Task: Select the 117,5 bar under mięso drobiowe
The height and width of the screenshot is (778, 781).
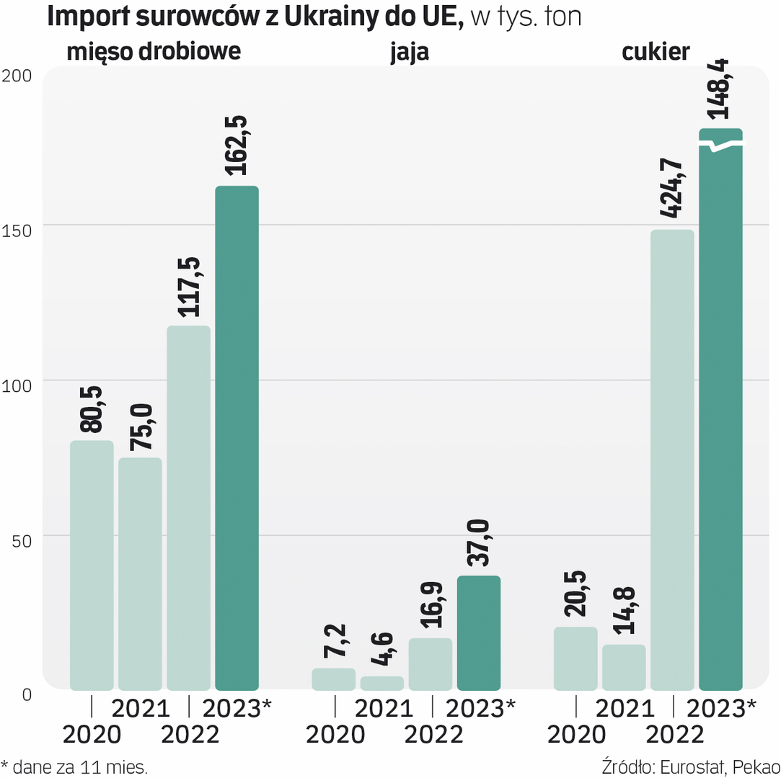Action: [188, 508]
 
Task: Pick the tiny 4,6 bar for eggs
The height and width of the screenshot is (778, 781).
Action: [382, 683]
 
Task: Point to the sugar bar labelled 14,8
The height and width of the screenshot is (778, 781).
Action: [624, 667]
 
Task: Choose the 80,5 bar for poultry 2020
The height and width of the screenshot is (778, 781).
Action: [92, 565]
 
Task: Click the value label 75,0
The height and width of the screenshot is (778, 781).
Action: [140, 428]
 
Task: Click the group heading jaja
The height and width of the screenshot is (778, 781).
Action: [410, 53]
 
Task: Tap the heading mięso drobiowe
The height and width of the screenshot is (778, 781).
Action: [154, 53]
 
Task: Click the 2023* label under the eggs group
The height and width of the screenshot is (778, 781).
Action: [480, 708]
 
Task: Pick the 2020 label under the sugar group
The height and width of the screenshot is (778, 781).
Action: [576, 735]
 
